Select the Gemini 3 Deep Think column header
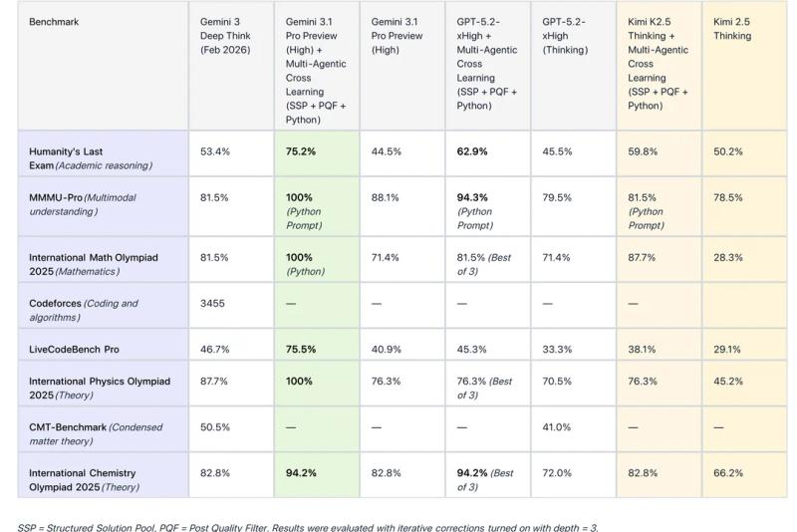point(221,35)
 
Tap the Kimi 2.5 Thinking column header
point(732,28)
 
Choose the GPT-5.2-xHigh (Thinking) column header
point(564,35)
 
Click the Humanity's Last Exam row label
point(91,158)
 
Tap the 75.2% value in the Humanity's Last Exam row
point(301,151)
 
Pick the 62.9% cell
point(472,151)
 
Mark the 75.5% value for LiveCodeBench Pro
point(301,350)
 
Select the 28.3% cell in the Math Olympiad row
point(727,257)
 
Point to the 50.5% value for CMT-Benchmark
point(215,426)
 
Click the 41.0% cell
point(557,426)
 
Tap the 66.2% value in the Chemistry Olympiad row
point(727,472)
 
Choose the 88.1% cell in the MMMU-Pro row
point(387,197)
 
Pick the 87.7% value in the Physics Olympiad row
point(215,381)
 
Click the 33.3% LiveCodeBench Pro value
point(557,350)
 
